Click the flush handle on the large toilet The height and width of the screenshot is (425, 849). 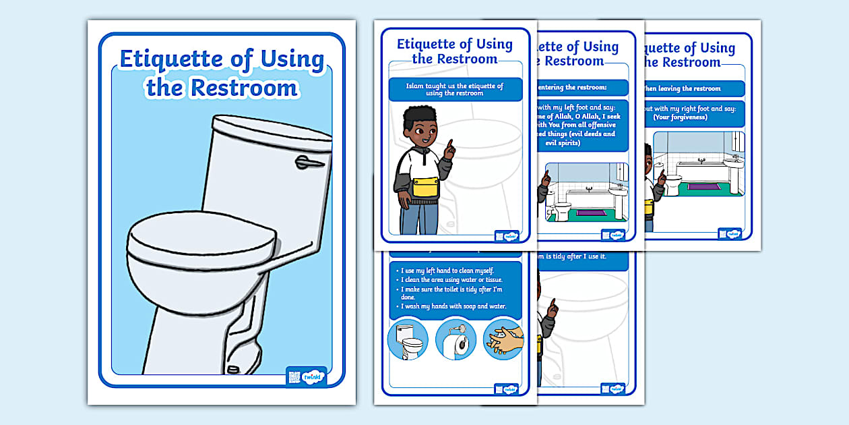[x=309, y=162]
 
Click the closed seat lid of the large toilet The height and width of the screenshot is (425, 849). [x=200, y=233]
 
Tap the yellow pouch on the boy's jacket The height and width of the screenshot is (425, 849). [x=425, y=186]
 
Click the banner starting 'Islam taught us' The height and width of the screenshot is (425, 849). [x=455, y=90]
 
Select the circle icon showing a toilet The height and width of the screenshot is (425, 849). [x=408, y=339]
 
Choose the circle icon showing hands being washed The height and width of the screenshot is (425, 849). [x=503, y=339]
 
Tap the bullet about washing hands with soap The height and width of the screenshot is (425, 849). [x=452, y=306]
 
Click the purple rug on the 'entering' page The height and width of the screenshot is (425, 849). [x=592, y=213]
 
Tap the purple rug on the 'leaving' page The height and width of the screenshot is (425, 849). [x=703, y=187]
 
